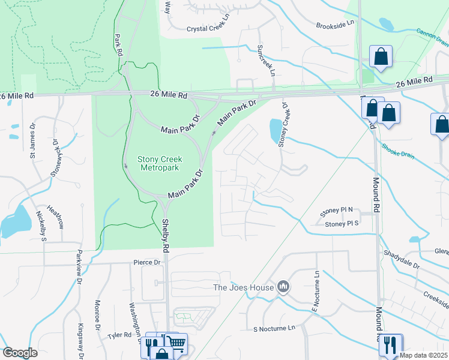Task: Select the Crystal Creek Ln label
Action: [x=208, y=28]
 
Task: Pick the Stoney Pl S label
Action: [x=342, y=224]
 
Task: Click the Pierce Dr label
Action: [x=146, y=262]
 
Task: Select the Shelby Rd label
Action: [x=164, y=229]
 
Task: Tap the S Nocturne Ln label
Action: [x=274, y=328]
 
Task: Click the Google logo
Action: [x=20, y=353]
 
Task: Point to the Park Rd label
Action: [x=118, y=45]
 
